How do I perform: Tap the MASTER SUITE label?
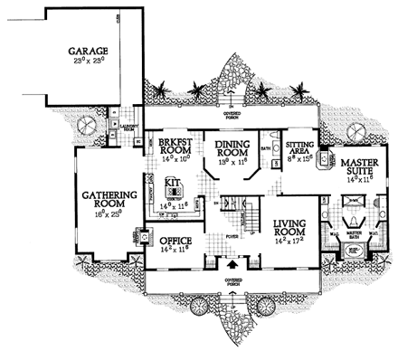click(x=359, y=167)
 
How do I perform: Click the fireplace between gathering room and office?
click(x=141, y=238)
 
